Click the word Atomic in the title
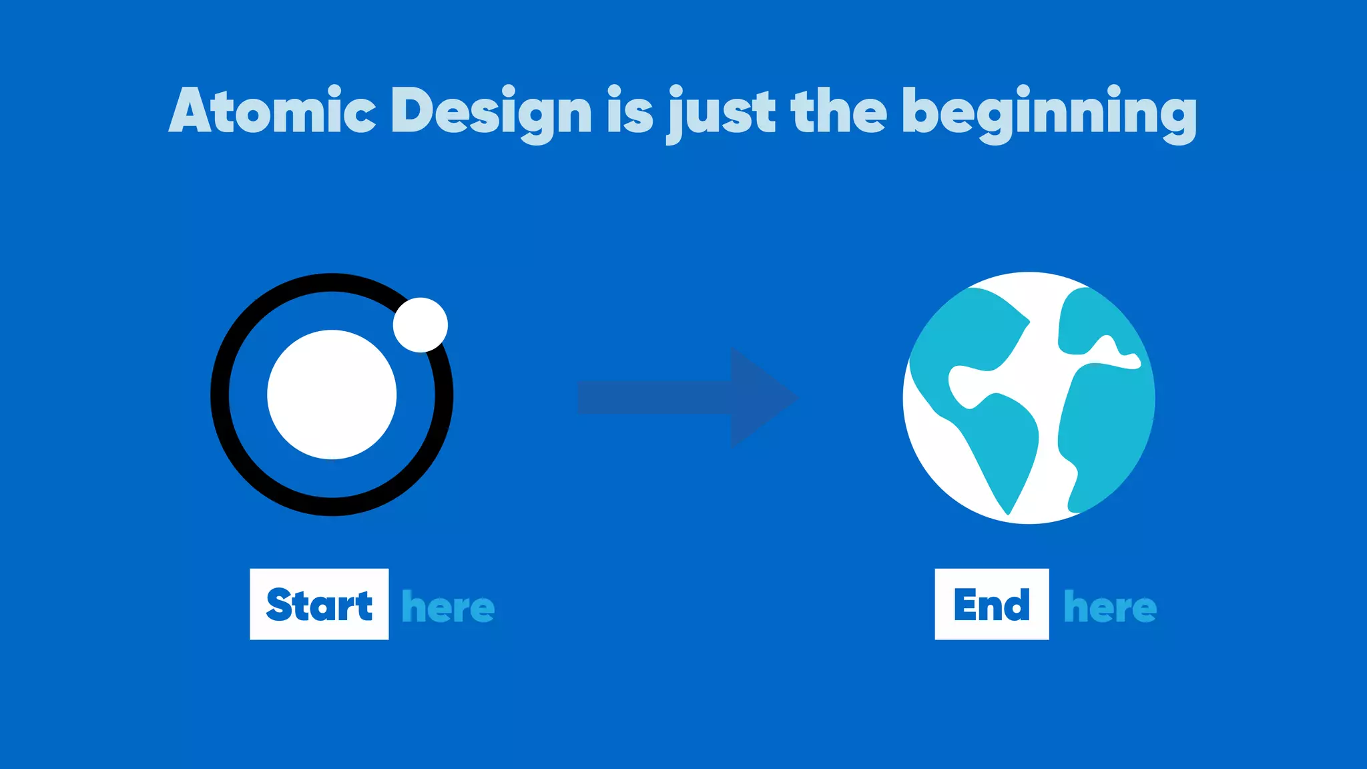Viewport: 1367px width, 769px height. [x=272, y=111]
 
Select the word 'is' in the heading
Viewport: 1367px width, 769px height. [x=629, y=111]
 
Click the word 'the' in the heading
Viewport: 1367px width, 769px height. [x=838, y=111]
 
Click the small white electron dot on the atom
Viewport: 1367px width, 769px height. [x=421, y=325]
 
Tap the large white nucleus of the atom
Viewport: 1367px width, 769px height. [x=332, y=395]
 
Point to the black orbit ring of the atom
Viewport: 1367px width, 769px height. [x=221, y=395]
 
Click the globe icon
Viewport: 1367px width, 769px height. [x=1029, y=398]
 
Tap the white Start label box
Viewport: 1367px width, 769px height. [x=319, y=604]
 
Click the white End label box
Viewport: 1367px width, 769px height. [x=991, y=604]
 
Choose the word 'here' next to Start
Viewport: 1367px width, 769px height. [x=448, y=607]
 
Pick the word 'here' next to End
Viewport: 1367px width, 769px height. [x=1110, y=607]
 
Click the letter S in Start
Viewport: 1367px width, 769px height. [x=280, y=605]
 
